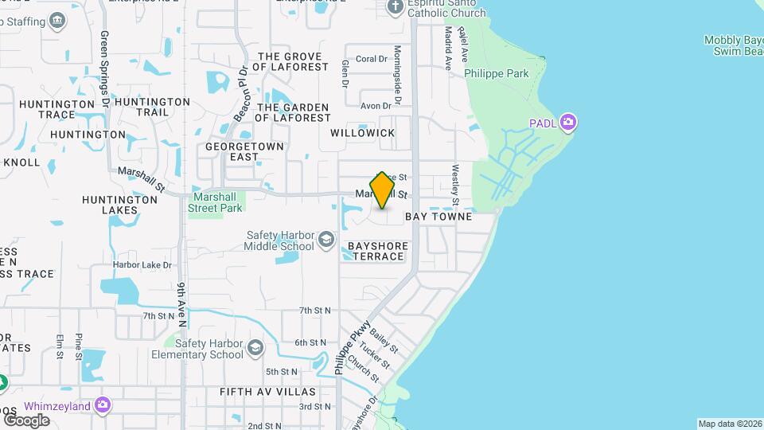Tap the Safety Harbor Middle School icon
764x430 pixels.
pyautogui.click(x=325, y=240)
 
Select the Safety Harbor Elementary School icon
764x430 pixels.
pyautogui.click(x=255, y=349)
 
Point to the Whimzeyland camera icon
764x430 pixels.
pyautogui.click(x=102, y=406)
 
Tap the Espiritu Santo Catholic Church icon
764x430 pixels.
pyautogui.click(x=396, y=7)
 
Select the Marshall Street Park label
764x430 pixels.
pyautogui.click(x=215, y=201)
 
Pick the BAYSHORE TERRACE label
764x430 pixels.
pyautogui.click(x=378, y=252)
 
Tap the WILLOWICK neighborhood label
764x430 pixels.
pyautogui.click(x=362, y=133)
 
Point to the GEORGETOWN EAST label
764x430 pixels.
pyautogui.click(x=233, y=152)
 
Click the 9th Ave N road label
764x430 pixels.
pyautogui.click(x=182, y=305)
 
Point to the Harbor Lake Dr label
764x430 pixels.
pyautogui.click(x=142, y=264)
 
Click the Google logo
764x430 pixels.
pyautogui.click(x=26, y=420)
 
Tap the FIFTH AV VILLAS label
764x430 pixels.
pyautogui.click(x=267, y=392)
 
